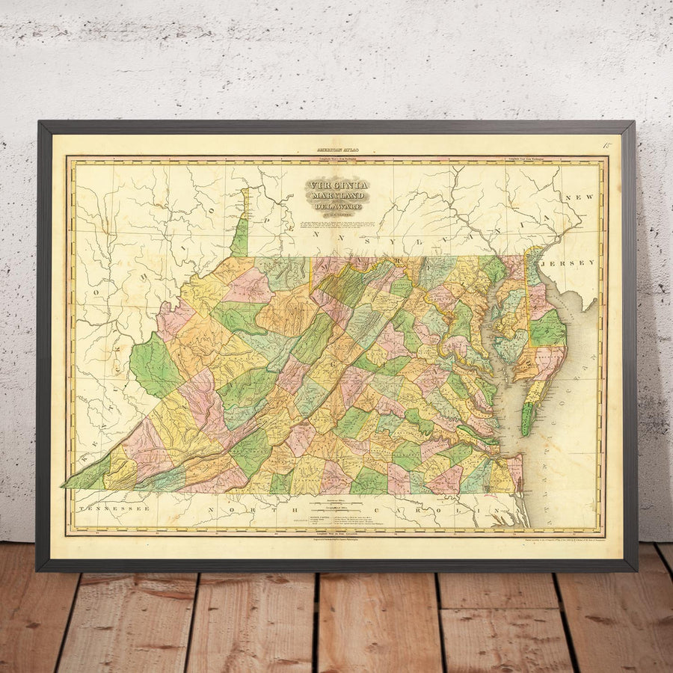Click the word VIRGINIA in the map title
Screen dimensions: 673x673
pyautogui.click(x=336, y=185)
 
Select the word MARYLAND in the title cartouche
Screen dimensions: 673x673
pyautogui.click(x=336, y=196)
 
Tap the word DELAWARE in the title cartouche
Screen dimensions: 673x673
pyautogui.click(x=336, y=206)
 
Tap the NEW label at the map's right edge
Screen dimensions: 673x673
pyautogui.click(x=583, y=197)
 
